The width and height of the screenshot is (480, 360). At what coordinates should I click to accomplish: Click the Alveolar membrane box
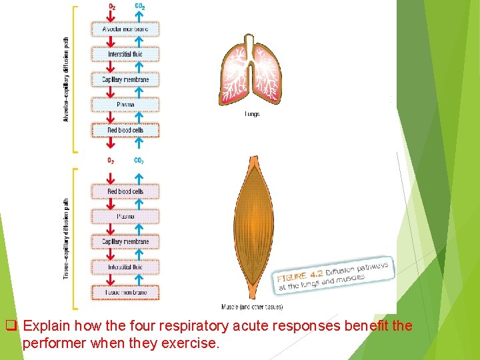125,29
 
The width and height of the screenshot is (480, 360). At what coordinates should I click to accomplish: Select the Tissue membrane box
125,292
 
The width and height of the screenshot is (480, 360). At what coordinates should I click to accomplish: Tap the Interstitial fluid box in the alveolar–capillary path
125,54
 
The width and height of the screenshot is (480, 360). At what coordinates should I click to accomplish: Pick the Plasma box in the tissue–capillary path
125,216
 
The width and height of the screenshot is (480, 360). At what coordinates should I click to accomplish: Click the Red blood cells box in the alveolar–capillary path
125,130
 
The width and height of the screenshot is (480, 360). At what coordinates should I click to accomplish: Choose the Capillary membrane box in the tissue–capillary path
125,241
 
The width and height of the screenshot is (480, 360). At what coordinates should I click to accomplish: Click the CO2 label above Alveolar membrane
140,7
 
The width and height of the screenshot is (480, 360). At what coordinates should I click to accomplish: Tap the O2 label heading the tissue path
111,161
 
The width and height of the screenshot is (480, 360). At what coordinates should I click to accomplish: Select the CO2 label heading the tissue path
139,161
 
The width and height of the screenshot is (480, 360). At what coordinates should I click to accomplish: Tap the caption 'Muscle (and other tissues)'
252,307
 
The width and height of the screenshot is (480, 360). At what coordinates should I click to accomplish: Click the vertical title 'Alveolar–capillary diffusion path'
66,79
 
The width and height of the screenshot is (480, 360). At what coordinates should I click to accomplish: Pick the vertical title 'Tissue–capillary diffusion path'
66,237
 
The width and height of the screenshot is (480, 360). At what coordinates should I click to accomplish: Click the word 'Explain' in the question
49,327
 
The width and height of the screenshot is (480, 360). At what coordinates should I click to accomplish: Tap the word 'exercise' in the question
192,344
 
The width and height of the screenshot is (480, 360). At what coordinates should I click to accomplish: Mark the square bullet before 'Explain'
11,327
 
